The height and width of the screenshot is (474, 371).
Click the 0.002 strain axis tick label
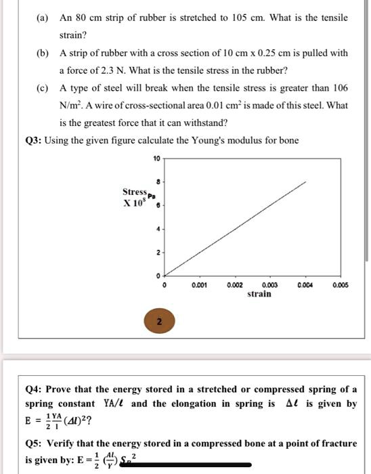point(234,286)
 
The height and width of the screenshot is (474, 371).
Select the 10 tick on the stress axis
point(156,158)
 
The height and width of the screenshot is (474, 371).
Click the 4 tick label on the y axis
point(156,228)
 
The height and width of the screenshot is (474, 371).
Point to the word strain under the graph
point(259,294)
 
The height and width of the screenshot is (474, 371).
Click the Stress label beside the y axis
point(134,192)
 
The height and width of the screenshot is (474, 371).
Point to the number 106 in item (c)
point(341,88)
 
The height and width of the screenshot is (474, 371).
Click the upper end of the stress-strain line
point(305,181)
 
